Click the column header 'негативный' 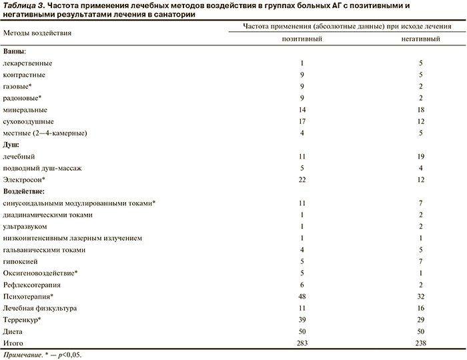pos(420,39)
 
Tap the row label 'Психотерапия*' pos(28,296)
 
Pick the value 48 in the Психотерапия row pos(302,296)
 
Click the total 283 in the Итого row pos(302,342)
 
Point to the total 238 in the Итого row pos(420,342)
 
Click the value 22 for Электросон pos(302,180)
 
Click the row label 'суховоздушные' pos(29,121)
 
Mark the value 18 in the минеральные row pos(420,109)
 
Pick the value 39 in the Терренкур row pos(302,319)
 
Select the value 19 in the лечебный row pos(420,157)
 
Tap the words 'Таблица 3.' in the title pos(23,5)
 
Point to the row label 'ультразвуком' pos(26,227)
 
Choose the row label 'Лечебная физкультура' pos(40,308)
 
